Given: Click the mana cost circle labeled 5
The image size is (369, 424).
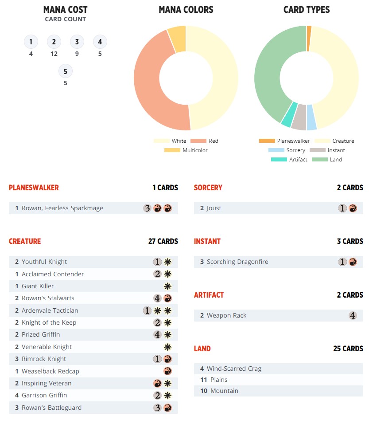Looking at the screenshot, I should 65,71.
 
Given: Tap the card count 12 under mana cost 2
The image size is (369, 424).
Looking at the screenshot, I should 54,54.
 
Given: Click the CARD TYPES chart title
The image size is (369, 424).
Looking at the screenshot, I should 307,10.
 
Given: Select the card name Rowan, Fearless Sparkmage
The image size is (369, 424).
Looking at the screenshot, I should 62,208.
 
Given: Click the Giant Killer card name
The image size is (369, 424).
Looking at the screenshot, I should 38,286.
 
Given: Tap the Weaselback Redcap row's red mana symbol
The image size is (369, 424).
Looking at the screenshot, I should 167,371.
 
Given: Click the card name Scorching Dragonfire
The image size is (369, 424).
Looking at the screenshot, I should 237,262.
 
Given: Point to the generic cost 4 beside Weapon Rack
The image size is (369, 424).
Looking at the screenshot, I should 353,316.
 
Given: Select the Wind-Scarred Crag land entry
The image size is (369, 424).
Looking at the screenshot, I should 234,369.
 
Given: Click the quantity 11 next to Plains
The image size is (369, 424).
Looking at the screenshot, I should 203,380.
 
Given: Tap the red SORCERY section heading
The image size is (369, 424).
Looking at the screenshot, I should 208,188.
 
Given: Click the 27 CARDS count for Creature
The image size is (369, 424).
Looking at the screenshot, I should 163,241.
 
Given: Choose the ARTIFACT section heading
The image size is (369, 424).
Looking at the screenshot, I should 209,295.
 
